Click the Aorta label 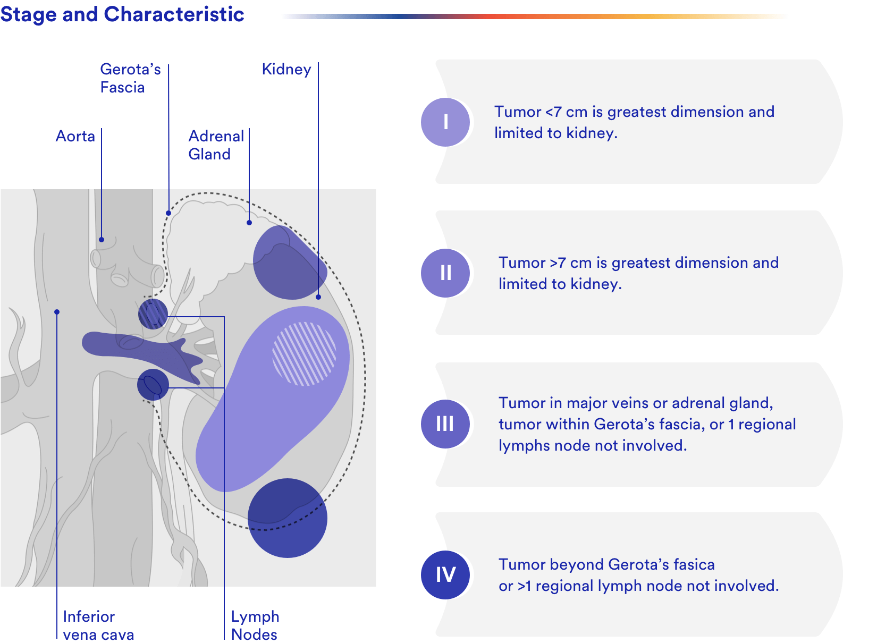coord(75,137)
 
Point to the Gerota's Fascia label coord(131,78)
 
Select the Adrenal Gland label coord(216,145)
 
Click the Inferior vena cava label coord(99,626)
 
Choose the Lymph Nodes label coord(255,626)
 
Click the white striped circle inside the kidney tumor coord(305,354)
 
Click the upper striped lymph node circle coord(153,314)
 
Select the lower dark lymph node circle coord(153,385)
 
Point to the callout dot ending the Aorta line coord(102,240)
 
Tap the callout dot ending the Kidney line coord(319,298)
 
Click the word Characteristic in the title coord(174,14)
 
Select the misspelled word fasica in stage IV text coord(695,565)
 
